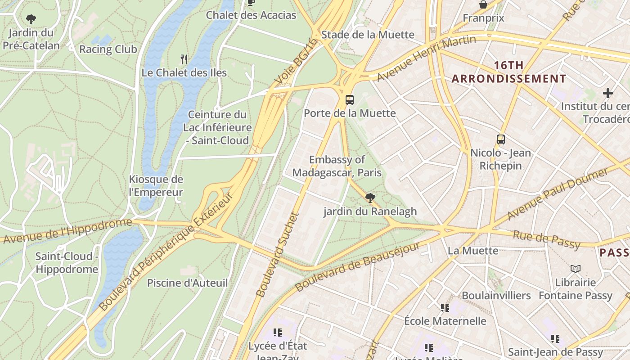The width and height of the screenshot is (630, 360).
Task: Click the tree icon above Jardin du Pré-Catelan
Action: click(31, 19)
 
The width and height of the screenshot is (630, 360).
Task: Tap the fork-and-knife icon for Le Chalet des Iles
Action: click(184, 59)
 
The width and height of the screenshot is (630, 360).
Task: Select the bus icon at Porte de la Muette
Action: click(350, 100)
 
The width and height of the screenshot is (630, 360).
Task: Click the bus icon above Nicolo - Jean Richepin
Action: click(501, 139)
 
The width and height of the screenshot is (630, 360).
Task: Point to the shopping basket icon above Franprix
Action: click(483, 4)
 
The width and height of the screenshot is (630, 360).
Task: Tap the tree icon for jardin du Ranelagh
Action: click(370, 198)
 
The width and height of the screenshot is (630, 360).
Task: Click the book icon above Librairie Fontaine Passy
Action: click(575, 269)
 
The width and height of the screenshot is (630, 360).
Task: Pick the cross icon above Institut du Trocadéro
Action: click(608, 93)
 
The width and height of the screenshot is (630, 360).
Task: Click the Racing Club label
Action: click(108, 49)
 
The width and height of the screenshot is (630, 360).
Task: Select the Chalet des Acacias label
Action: click(251, 15)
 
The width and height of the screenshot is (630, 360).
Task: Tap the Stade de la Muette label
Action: click(368, 35)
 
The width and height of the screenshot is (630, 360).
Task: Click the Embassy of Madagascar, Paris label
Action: click(337, 166)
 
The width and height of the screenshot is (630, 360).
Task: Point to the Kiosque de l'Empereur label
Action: click(156, 186)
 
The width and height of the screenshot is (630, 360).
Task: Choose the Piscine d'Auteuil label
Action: click(187, 283)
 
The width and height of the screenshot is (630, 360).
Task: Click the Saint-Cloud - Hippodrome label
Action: click(67, 263)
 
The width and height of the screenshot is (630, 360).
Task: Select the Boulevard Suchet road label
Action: click(278, 254)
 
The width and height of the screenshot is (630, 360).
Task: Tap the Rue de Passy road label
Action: click(546, 239)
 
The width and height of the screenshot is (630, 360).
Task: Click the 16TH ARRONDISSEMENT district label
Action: click(508, 72)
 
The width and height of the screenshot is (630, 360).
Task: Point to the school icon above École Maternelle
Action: click(445, 308)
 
